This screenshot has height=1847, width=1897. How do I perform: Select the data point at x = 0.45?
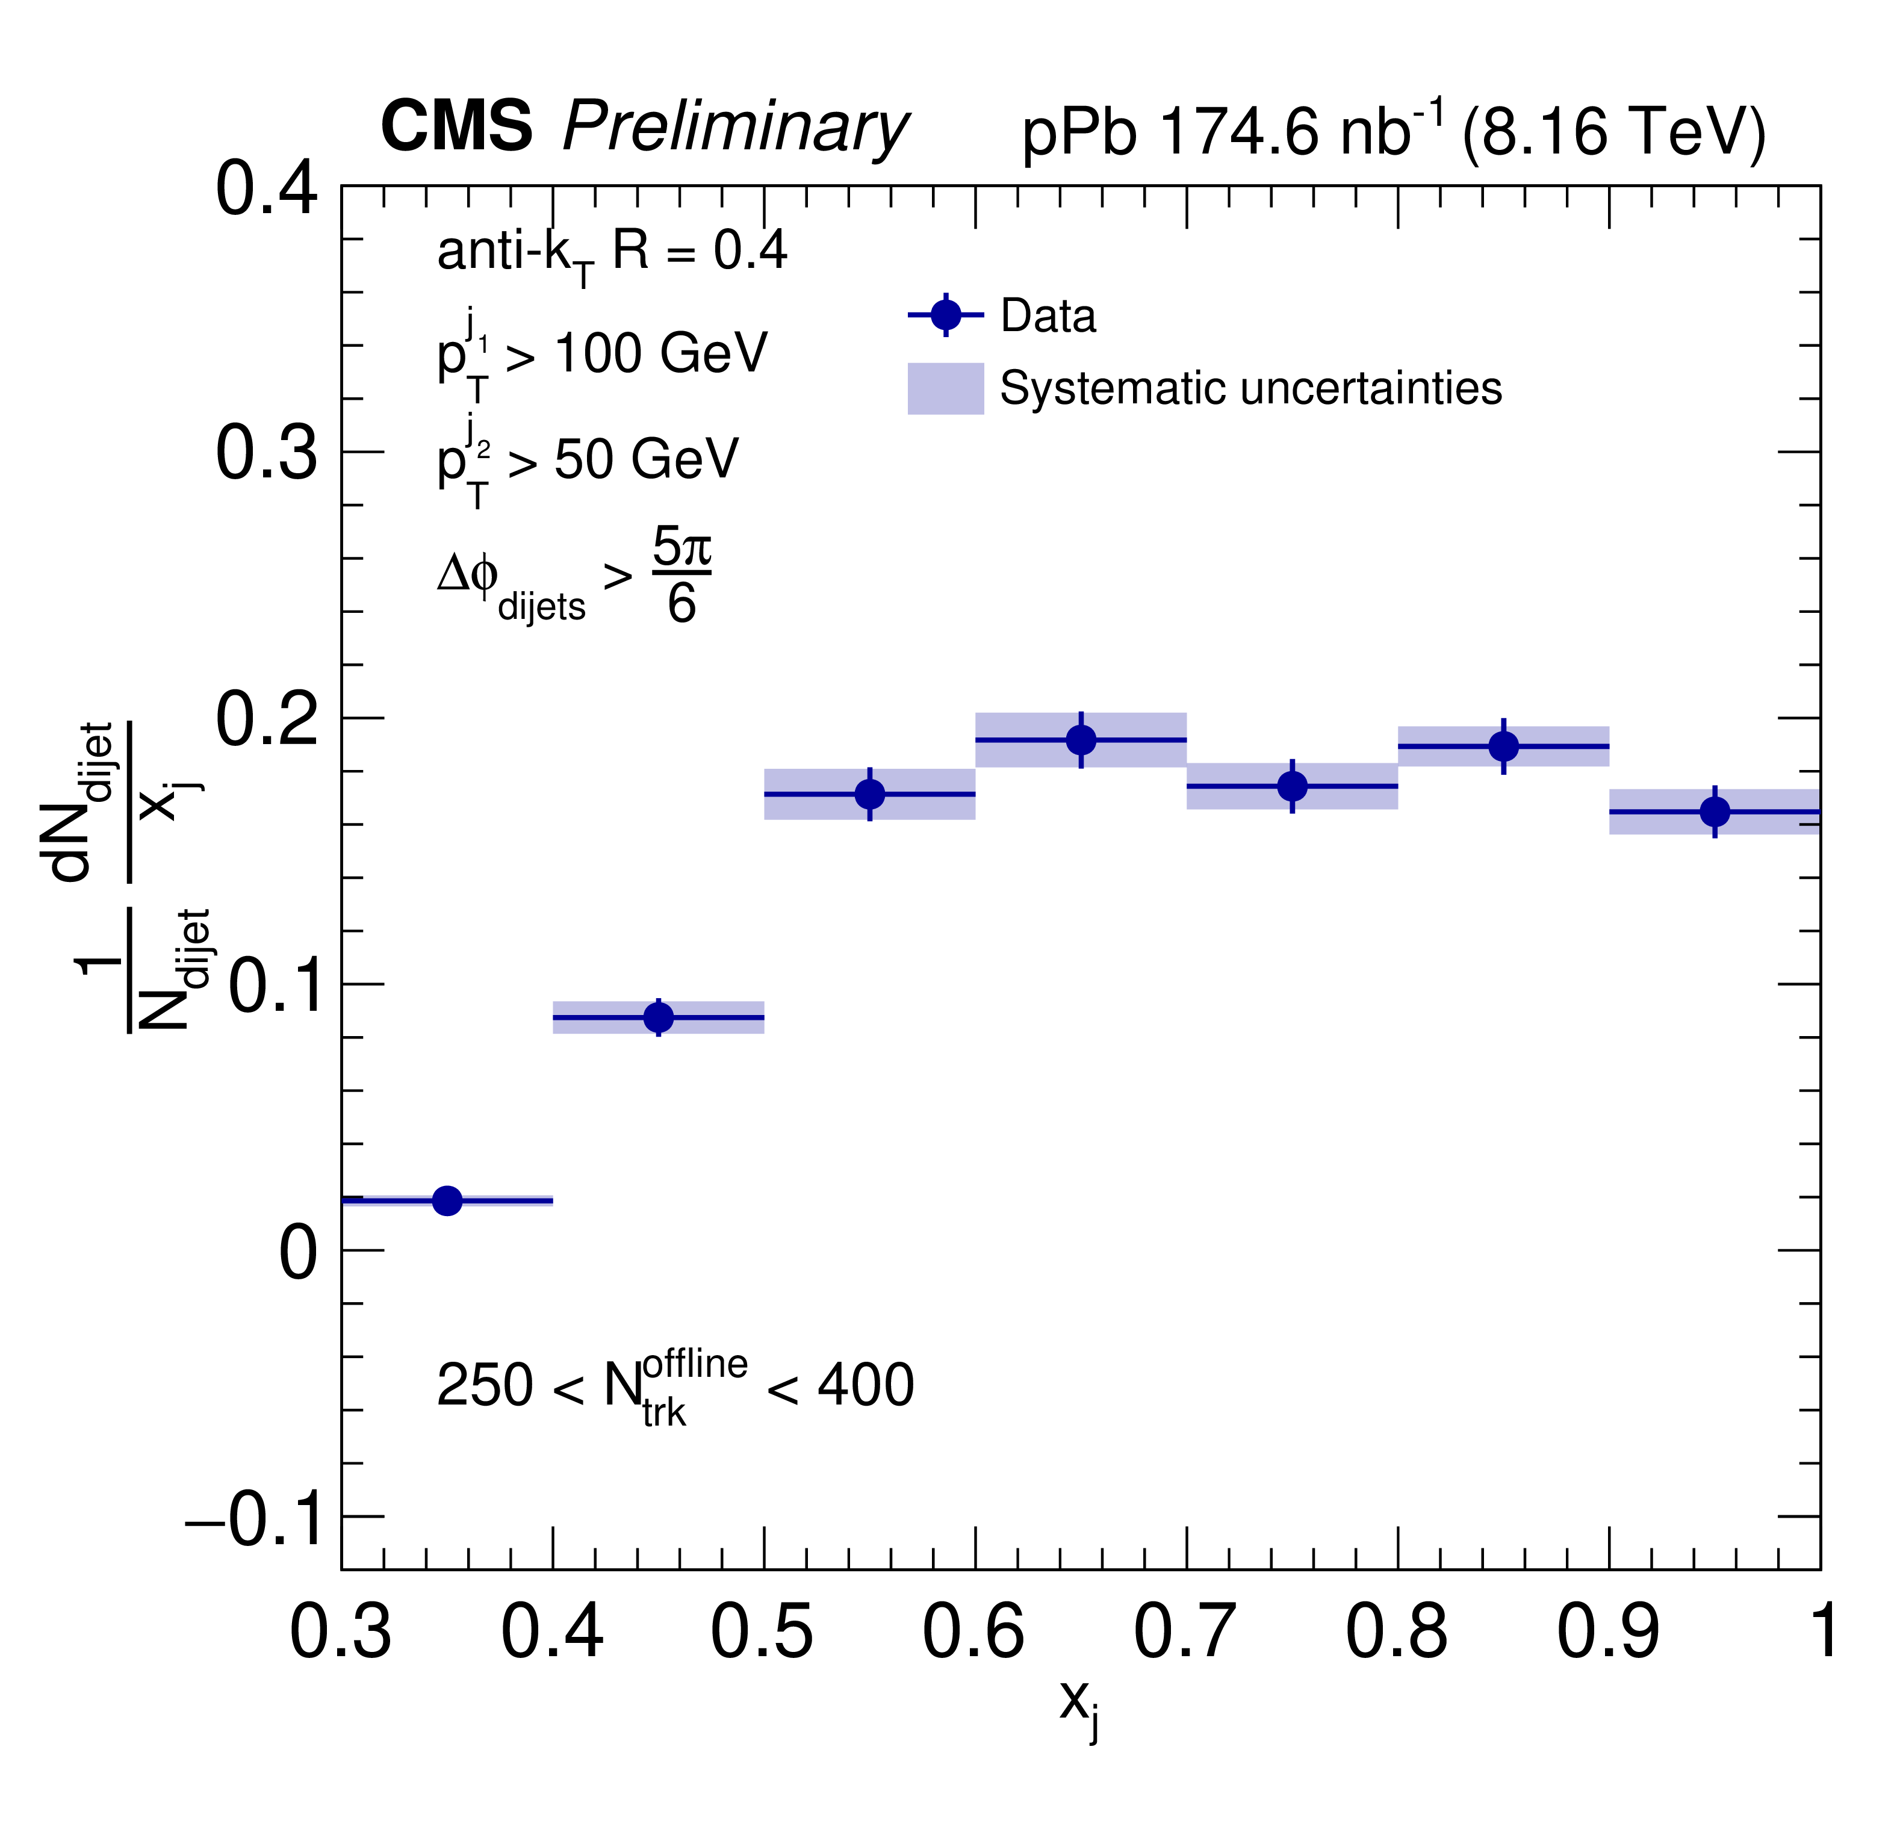coord(659,1017)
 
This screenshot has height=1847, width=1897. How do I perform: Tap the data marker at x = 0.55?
coord(870,795)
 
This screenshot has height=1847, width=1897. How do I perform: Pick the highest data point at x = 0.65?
coord(1081,740)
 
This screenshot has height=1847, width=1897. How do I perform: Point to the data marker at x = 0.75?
coord(1293,786)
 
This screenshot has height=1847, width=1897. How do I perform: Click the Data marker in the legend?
coord(946,315)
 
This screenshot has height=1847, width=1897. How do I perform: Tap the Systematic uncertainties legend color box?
coord(946,389)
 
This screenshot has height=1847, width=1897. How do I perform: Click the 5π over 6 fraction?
coord(681,576)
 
